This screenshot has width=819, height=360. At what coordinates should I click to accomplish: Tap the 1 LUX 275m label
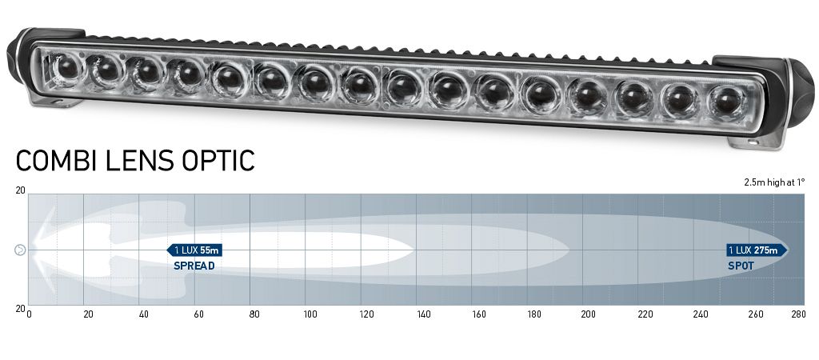(757, 250)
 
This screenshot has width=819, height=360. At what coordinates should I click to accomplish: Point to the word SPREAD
(194, 266)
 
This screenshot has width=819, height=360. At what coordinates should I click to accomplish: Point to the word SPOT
(741, 266)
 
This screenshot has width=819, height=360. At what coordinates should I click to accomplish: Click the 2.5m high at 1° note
(774, 182)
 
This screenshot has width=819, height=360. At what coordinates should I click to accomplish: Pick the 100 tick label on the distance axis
(310, 314)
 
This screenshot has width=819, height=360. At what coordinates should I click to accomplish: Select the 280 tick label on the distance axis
(798, 314)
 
